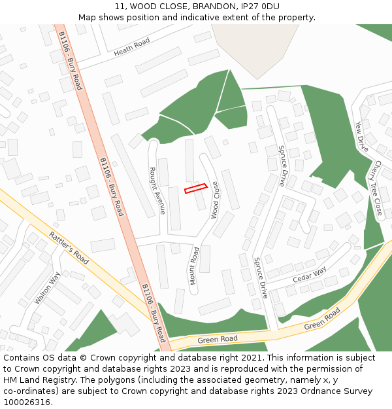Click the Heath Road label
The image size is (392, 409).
click(131, 46)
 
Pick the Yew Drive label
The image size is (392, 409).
click(361, 136)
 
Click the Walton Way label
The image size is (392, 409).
click(48, 288)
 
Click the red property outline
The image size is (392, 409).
click(195, 188)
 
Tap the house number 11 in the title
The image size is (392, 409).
click(120, 7)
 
